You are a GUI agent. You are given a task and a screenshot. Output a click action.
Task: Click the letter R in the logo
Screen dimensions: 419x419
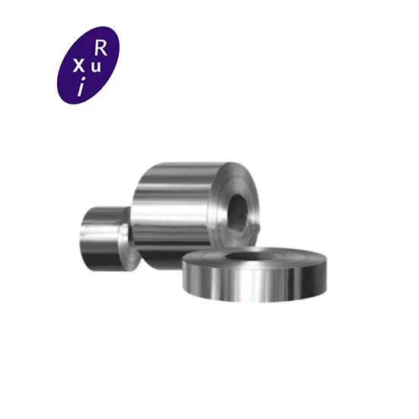point(101,49)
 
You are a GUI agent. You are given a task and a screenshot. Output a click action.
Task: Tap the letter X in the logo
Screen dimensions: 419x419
point(78,66)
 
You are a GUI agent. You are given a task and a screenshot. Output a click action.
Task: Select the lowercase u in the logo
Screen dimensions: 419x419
point(96,67)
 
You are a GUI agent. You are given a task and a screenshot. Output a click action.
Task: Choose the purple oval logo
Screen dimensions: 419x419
point(88,65)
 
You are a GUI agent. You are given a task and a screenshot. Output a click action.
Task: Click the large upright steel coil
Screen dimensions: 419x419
point(195,214)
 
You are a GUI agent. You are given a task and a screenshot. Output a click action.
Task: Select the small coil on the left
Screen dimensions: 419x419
point(107,238)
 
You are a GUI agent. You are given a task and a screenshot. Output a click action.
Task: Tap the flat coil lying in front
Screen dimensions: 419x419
point(254,274)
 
